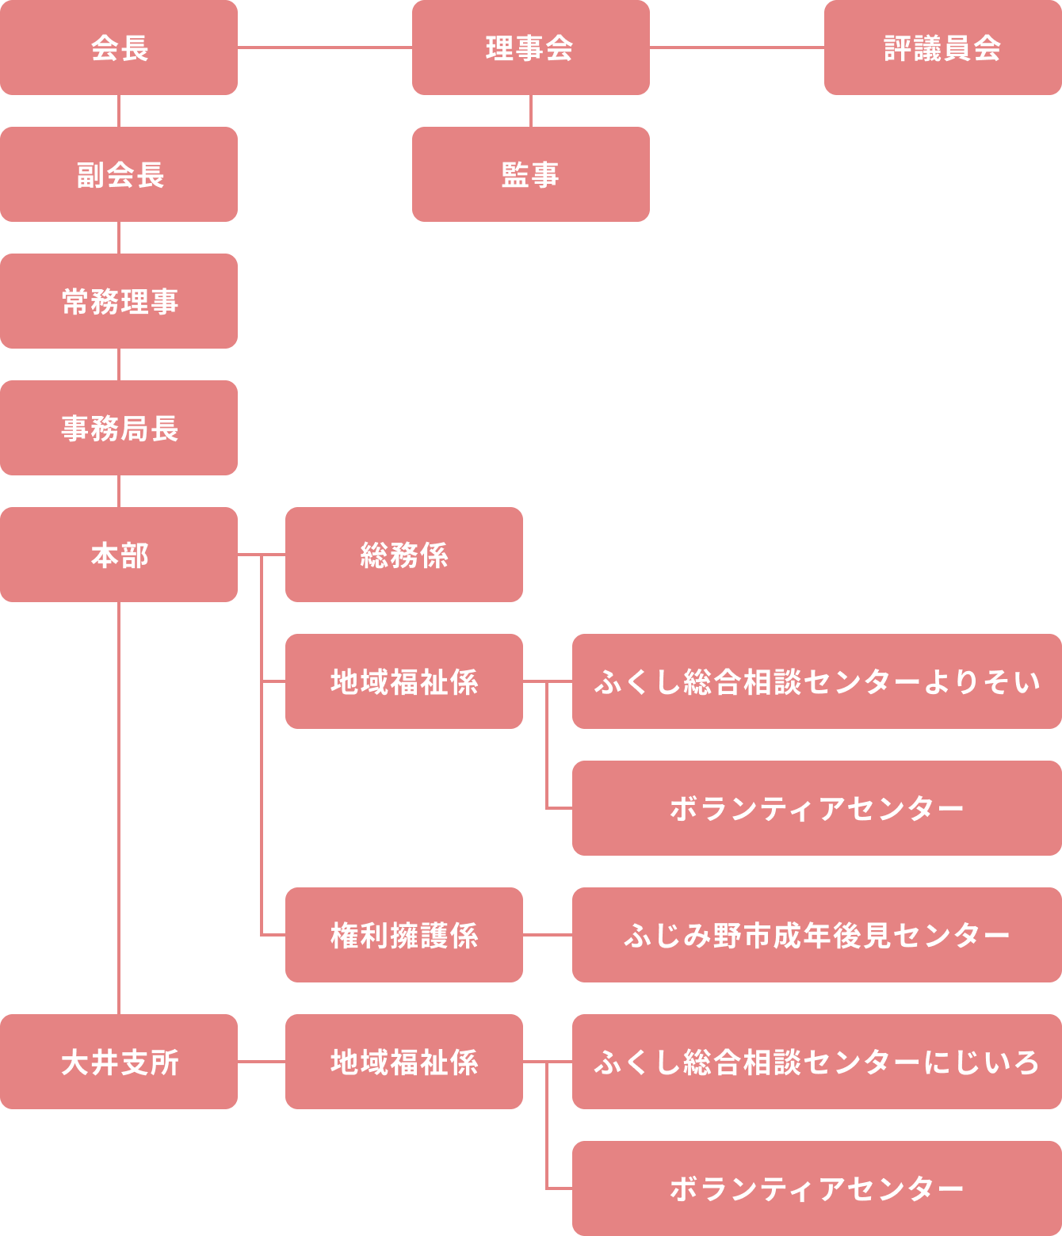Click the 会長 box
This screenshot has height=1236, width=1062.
pyautogui.click(x=119, y=48)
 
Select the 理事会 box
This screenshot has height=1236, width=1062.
pyautogui.click(x=530, y=48)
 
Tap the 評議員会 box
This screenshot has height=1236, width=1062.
pyautogui.click(x=942, y=48)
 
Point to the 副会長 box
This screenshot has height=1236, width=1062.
pyautogui.click(x=119, y=174)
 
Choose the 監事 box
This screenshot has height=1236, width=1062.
pyautogui.click(x=530, y=174)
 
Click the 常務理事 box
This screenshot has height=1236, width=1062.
pyautogui.click(x=119, y=301)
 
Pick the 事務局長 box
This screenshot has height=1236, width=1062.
pyautogui.click(x=119, y=428)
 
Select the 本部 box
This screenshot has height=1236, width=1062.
pyautogui.click(x=119, y=555)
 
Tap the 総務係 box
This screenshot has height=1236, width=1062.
pyautogui.click(x=403, y=555)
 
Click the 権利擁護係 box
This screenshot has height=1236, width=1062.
pyautogui.click(x=403, y=935)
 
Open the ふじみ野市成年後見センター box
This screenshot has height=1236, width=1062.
pyautogui.click(x=816, y=935)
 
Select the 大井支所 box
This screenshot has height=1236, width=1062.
pyautogui.click(x=119, y=1062)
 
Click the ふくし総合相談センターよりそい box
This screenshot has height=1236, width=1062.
pyautogui.click(x=816, y=681)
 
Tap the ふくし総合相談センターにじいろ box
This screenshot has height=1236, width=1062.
pyautogui.click(x=816, y=1062)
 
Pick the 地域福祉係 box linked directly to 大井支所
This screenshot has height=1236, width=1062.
pyautogui.click(x=403, y=1062)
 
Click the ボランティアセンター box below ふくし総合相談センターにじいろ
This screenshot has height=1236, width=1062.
pyautogui.click(x=816, y=1188)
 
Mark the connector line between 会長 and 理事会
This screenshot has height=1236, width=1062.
pyautogui.click(x=325, y=48)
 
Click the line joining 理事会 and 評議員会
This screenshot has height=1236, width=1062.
pyautogui.click(x=737, y=48)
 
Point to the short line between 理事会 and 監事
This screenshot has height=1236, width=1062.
pyautogui.click(x=531, y=111)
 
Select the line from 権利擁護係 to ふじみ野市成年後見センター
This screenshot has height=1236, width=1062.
pyautogui.click(x=548, y=935)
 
